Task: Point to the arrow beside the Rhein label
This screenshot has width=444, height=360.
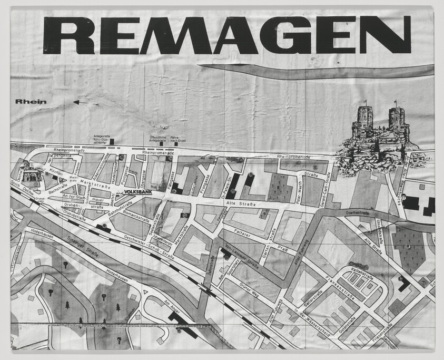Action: pyautogui.click(x=81, y=103)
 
